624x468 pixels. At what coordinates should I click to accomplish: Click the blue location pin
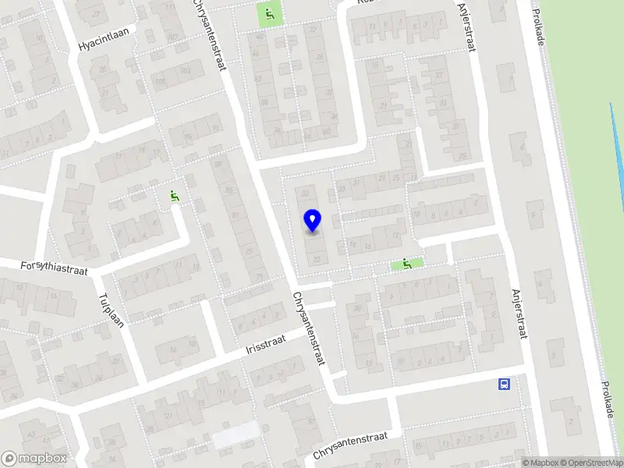pyautogui.click(x=312, y=221)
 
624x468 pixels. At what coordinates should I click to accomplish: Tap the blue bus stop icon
pyautogui.click(x=505, y=383)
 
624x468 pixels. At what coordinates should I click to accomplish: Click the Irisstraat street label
pyautogui.click(x=266, y=343)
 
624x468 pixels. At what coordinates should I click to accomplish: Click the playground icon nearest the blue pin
pyautogui.click(x=406, y=264)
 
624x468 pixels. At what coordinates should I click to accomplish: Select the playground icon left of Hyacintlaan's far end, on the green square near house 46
pyautogui.click(x=270, y=13)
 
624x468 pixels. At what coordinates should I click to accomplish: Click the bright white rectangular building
pyautogui.click(x=236, y=435)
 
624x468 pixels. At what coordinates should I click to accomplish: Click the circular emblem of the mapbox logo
pyautogui.click(x=10, y=459)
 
